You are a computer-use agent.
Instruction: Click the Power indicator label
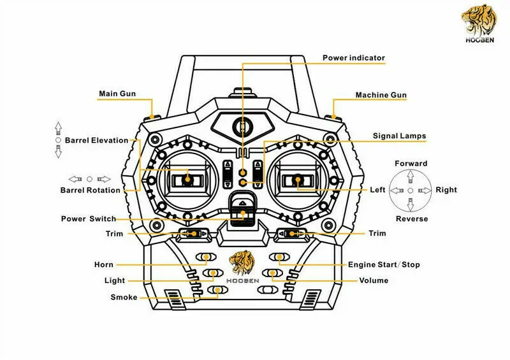click(354, 58)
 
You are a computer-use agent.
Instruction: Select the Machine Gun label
click(381, 95)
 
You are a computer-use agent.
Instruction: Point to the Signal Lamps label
click(399, 136)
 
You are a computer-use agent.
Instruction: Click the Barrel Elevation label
click(96, 140)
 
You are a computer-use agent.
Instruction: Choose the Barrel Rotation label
click(90, 190)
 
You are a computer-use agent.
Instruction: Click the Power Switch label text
click(89, 219)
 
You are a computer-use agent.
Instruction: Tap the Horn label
click(103, 264)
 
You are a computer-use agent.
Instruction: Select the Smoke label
click(124, 297)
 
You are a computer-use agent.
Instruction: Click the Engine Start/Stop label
click(383, 264)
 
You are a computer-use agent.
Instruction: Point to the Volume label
click(374, 280)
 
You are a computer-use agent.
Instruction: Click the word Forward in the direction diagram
click(411, 164)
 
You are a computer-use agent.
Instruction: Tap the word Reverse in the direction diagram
click(411, 219)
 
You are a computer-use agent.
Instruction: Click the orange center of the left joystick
click(189, 180)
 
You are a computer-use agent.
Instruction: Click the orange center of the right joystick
click(298, 180)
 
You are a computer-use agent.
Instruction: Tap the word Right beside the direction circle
click(446, 190)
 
